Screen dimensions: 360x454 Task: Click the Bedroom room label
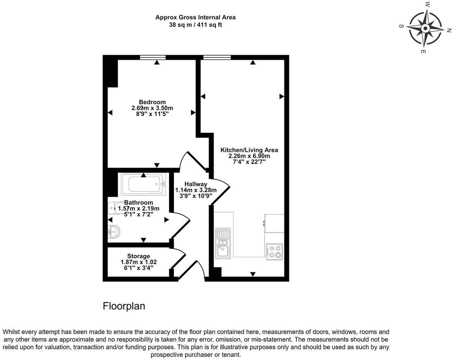pos(152,102)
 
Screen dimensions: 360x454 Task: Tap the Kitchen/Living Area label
pos(249,150)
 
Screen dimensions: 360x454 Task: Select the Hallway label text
pos(196,184)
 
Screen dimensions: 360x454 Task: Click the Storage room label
pos(138,256)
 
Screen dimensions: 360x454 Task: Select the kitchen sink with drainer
pos(222,243)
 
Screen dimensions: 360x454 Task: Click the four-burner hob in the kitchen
pos(274,252)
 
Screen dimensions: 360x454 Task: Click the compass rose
pos(425,28)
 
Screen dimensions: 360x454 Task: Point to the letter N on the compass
pos(449,30)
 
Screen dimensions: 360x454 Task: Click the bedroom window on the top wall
pos(153,57)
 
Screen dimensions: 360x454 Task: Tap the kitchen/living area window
pos(217,57)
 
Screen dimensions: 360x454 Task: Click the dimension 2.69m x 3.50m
pos(152,108)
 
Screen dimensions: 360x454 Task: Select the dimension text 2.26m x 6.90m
pos(249,156)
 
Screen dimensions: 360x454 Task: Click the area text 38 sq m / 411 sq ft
pos(196,25)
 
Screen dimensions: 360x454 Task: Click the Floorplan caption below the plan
pos(124,306)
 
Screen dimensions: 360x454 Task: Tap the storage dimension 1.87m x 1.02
pos(138,262)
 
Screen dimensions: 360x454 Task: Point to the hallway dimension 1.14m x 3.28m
pos(196,190)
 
